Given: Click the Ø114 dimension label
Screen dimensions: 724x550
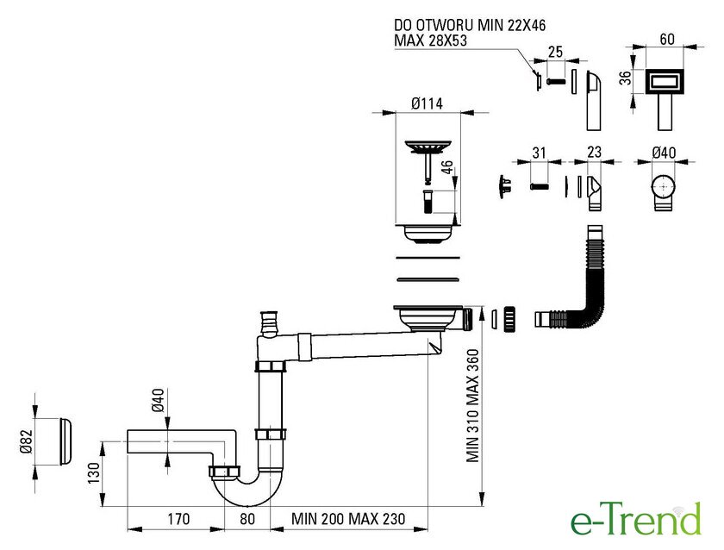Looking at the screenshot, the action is [x=428, y=103].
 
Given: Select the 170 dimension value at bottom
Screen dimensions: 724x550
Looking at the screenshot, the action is [x=178, y=519].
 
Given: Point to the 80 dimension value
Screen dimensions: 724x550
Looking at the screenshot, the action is [x=247, y=519].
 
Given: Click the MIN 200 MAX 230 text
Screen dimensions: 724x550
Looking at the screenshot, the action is [x=348, y=519].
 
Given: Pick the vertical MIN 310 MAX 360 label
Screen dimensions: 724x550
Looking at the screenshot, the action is [x=473, y=405].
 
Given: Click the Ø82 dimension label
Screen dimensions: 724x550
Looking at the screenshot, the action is [x=27, y=441].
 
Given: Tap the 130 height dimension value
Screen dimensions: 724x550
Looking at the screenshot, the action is [x=94, y=473].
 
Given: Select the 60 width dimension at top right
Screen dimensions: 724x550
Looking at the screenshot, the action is [x=667, y=40].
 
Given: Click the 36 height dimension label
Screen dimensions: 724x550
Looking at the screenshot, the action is [x=625, y=78].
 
